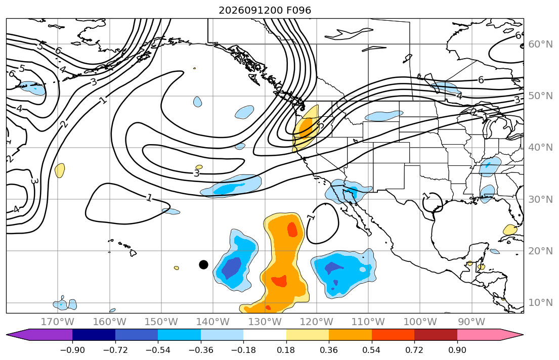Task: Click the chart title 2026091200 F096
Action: coord(265,10)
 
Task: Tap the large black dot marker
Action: coord(203,264)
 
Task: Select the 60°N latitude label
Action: coord(540,44)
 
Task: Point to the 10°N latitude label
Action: coord(540,303)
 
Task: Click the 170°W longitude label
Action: coord(58,322)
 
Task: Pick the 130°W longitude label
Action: coord(265,322)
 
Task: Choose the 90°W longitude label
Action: coord(471,322)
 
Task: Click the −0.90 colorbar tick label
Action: coord(72,350)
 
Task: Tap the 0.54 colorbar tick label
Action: coord(371,350)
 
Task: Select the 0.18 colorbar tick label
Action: coord(286,350)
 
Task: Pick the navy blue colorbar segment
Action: coord(94,335)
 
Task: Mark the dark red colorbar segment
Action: coord(436,335)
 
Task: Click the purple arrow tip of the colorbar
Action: coord(7,335)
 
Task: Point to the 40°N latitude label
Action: coord(540,148)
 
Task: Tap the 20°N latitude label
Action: coord(540,251)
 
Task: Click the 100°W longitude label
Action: coord(420,322)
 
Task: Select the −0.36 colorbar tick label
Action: coord(201,350)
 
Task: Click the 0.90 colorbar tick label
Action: coord(457,350)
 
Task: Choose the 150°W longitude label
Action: coord(161,322)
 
